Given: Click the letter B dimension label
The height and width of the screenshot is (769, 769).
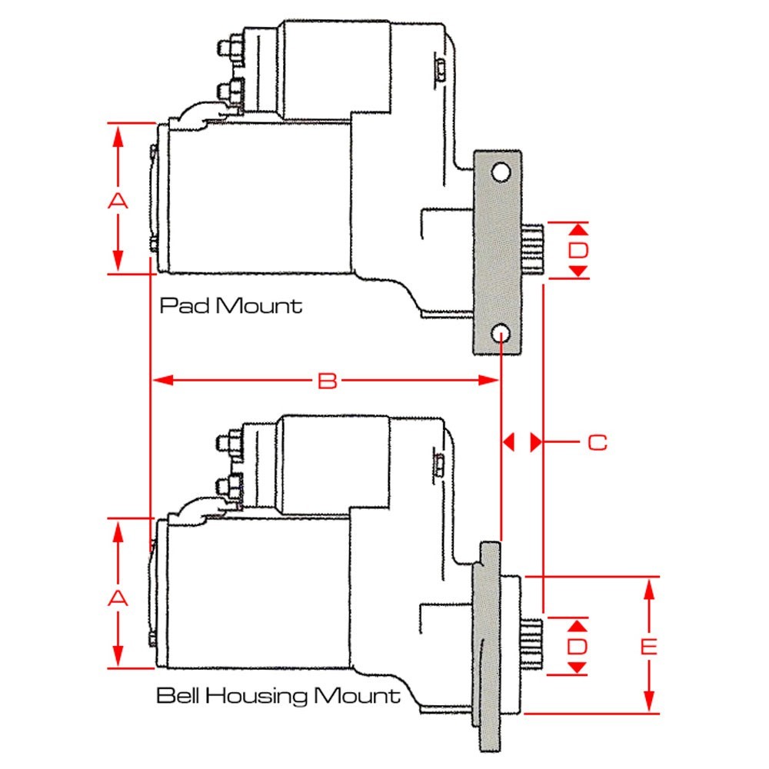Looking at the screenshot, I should (328, 381).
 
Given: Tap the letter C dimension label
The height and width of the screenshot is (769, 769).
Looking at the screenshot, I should (597, 443).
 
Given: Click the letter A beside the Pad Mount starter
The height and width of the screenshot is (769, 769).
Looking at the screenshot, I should (117, 201).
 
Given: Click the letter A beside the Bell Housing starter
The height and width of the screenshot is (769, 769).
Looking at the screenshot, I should (117, 598).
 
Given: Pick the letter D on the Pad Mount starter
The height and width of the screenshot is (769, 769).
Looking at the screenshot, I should (578, 251).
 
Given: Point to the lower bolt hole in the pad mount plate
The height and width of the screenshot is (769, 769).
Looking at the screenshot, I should (500, 333).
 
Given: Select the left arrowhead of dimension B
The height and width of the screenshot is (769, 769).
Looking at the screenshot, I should (158, 380).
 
